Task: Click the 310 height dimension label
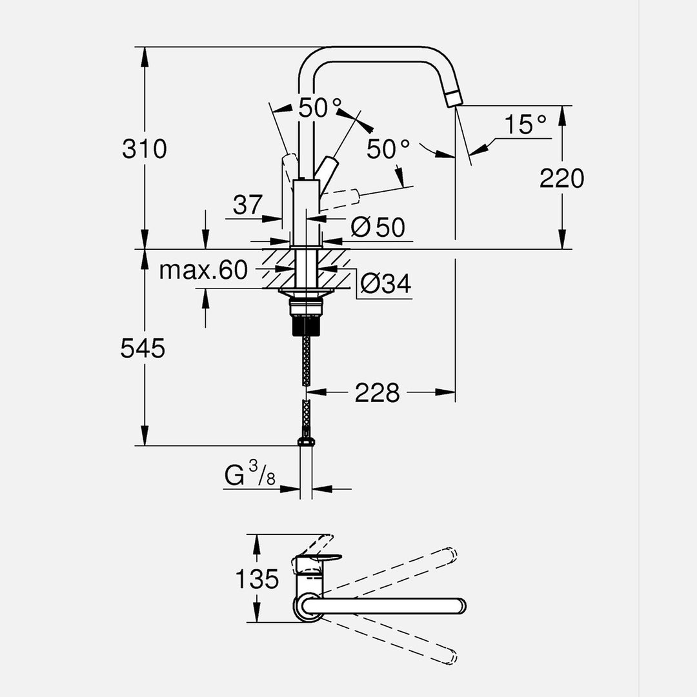tap(145, 149)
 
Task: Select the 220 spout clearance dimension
tap(561, 178)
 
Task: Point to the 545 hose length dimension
tap(143, 349)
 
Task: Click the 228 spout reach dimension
tap(377, 392)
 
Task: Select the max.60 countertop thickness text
tap(203, 270)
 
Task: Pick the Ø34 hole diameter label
tap(385, 284)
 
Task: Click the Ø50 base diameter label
tap(378, 227)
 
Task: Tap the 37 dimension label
tap(248, 206)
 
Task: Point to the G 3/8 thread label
tap(250, 477)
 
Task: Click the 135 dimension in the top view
tap(256, 579)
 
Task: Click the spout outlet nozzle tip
tap(454, 98)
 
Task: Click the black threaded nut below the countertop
tap(306, 322)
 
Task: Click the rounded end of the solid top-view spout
tap(460, 606)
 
